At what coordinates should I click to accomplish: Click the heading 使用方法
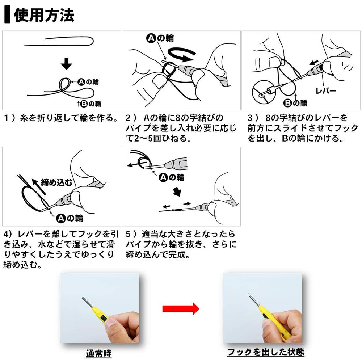[x=44, y=16]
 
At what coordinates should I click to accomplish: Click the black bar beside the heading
[x=7, y=15]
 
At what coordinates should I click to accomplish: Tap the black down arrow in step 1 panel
[x=67, y=64]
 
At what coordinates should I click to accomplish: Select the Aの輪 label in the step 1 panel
[x=88, y=82]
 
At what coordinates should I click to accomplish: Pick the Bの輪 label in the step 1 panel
[x=90, y=104]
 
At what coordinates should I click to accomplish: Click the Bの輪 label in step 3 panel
[x=295, y=103]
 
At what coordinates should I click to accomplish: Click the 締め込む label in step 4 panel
[x=56, y=182]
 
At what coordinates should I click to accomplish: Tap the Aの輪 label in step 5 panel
[x=171, y=177]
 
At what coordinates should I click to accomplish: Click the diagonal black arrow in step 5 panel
[x=177, y=191]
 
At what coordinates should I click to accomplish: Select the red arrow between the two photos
[x=181, y=308]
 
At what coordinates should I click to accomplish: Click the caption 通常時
[x=99, y=353]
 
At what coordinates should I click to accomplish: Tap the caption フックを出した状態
[x=266, y=352]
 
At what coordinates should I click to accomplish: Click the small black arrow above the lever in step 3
[x=314, y=63]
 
